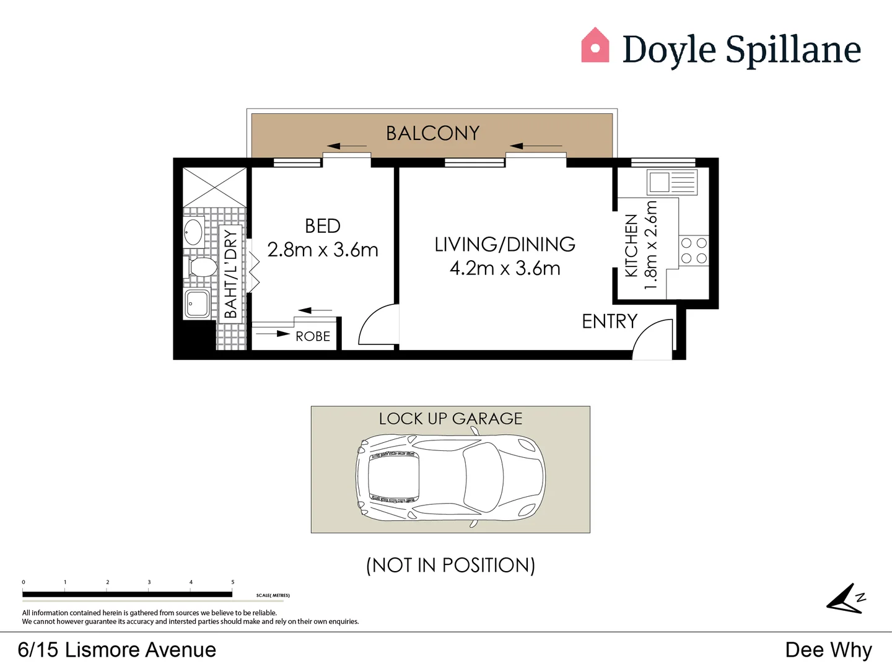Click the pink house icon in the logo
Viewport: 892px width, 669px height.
(595, 46)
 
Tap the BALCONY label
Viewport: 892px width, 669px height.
(432, 133)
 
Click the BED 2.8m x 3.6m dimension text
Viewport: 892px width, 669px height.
(323, 250)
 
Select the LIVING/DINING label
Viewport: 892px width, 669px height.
(505, 244)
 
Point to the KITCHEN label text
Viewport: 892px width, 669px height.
(631, 245)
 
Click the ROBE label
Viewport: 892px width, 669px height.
(313, 336)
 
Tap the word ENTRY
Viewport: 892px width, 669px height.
(610, 321)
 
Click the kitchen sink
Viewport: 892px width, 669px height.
(660, 183)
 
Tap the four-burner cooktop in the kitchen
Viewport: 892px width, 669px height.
(694, 251)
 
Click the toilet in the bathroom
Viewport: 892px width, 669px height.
(201, 268)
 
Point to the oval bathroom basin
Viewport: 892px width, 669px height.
(194, 232)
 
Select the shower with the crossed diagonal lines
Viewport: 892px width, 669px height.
(214, 187)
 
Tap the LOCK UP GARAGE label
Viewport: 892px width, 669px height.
(450, 419)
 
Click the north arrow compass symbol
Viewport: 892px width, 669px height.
(846, 600)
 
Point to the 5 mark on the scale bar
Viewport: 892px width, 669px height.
(233, 582)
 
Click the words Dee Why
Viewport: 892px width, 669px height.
(828, 650)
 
